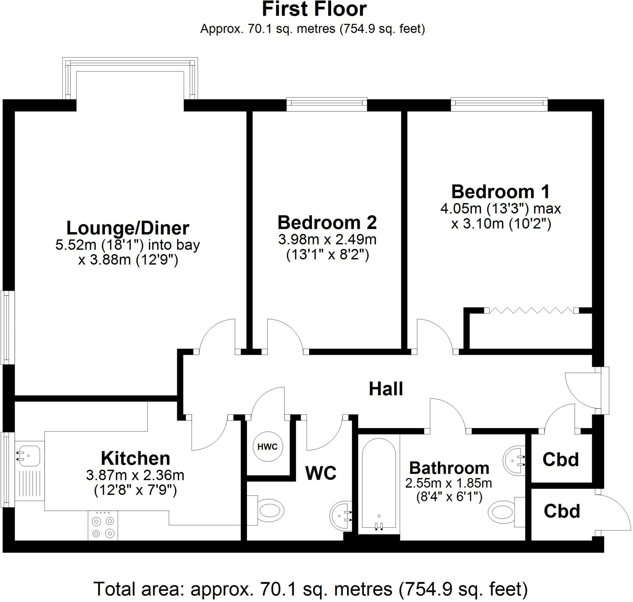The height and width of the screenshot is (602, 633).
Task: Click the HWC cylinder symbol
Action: (267, 447)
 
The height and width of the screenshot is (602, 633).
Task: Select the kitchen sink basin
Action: (29, 456)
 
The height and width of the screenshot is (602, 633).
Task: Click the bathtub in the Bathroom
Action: (379, 485)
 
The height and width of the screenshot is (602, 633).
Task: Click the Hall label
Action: (385, 389)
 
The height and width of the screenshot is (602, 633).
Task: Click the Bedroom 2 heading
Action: (327, 223)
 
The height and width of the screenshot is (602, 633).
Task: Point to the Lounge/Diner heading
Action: (127, 228)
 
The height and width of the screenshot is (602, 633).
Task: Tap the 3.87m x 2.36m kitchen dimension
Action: (135, 475)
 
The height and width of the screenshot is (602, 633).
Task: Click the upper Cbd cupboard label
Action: (560, 460)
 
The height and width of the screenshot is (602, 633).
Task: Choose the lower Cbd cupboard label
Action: (562, 511)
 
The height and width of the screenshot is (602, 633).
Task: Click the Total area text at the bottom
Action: (311, 589)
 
